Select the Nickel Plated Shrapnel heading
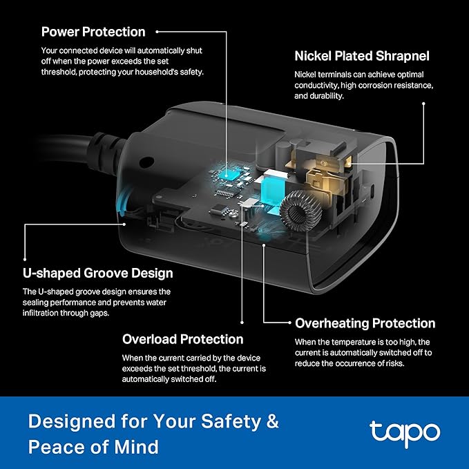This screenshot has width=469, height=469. click(x=362, y=55)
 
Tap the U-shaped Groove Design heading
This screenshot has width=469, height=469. click(x=97, y=274)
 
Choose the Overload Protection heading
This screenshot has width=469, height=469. click(x=182, y=339)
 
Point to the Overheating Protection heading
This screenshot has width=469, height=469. click(x=365, y=323)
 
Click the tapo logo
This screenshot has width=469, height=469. click(x=404, y=433)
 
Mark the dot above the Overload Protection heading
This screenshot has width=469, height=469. click(x=242, y=323)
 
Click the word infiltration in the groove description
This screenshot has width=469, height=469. click(x=47, y=313)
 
